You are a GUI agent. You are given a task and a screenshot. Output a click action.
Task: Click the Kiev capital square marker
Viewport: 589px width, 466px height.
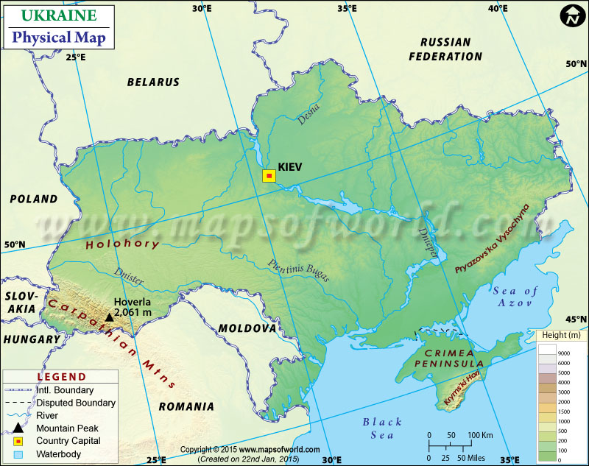[x=269, y=175]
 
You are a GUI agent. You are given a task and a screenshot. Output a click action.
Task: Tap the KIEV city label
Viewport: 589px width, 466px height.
[x=291, y=167]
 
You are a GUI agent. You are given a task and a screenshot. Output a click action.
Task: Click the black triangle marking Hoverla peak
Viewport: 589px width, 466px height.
[x=109, y=317]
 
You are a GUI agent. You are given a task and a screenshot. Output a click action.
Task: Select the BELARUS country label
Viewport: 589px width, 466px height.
[x=153, y=82]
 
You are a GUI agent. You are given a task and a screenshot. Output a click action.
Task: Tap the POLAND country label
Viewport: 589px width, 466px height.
[x=33, y=199]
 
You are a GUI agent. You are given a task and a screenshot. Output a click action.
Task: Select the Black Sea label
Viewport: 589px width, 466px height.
[x=382, y=428]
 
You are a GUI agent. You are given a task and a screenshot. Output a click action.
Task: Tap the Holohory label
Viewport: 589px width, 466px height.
[x=122, y=244]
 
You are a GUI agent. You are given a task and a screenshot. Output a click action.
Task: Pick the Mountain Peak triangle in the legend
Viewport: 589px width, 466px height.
[x=17, y=428]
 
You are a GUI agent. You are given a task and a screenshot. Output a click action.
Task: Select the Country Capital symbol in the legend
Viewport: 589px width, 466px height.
[x=17, y=441]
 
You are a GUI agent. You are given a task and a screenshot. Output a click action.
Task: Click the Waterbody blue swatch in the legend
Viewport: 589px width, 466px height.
[x=17, y=454]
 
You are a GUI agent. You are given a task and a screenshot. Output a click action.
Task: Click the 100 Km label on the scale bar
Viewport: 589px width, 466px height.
[x=480, y=434]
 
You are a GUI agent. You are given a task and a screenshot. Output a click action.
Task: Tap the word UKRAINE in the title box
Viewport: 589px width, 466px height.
[x=58, y=15]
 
